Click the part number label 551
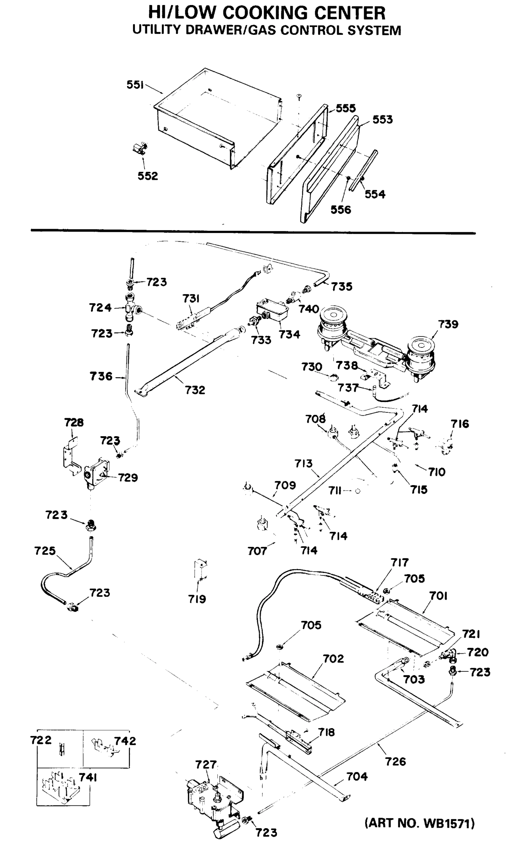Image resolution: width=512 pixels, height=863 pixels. coord(135,85)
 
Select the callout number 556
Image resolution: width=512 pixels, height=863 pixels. coord(341,210)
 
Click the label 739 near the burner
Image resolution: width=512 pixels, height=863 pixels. coord(448,324)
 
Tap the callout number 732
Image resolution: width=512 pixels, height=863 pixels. coord(195,390)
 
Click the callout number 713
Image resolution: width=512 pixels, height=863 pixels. coord(303,463)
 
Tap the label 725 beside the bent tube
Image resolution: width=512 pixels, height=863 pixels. coord(45,551)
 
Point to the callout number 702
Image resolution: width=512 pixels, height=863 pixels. coord(333,658)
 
